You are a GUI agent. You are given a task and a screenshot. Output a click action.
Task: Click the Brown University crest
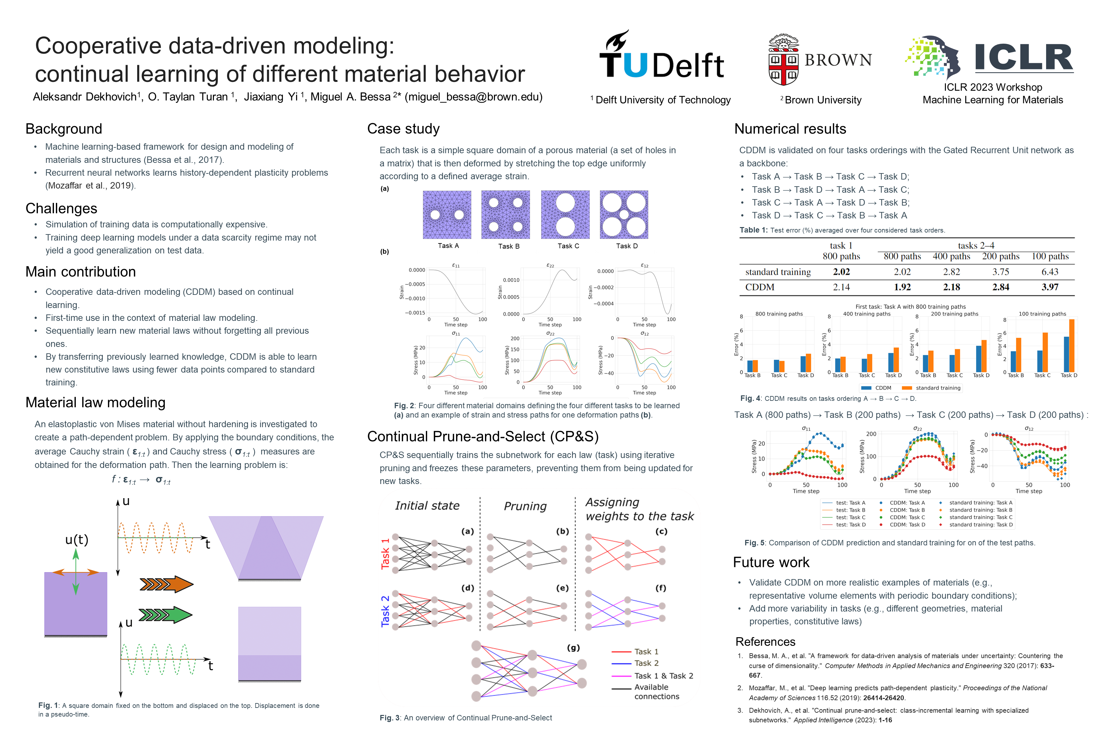783,60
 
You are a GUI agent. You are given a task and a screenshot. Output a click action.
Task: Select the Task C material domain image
565,215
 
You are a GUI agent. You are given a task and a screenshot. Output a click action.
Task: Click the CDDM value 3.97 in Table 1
1050,287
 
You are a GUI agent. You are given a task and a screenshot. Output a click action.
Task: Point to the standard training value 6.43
1050,272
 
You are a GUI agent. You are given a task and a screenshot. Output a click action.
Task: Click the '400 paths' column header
951,256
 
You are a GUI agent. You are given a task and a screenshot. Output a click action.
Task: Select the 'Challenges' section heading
61,208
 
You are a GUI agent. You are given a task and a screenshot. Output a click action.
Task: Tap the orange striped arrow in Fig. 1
166,584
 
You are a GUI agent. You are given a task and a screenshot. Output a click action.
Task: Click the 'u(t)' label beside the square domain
76,540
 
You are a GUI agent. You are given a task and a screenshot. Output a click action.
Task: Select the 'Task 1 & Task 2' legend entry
663,676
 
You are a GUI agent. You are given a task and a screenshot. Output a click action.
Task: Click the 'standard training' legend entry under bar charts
937,388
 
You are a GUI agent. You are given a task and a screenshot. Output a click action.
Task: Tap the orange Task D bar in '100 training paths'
1072,346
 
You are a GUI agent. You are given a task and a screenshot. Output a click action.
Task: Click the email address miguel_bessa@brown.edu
474,97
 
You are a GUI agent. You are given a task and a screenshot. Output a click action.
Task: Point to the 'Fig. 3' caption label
390,718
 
